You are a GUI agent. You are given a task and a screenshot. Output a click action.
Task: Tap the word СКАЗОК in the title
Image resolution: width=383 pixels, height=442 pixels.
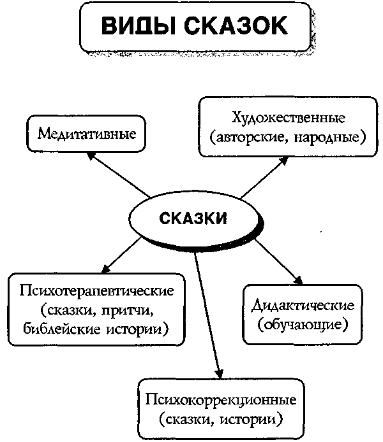tap(236, 25)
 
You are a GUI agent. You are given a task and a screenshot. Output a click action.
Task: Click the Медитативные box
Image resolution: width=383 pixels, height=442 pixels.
tap(86, 133)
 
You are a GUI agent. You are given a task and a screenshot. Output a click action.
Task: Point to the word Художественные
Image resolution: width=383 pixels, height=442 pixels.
tap(288, 117)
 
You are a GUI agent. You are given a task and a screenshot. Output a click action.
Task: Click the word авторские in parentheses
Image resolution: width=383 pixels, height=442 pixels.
tap(247, 138)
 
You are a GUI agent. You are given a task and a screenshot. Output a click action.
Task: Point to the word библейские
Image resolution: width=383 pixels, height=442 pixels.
tap(61, 329)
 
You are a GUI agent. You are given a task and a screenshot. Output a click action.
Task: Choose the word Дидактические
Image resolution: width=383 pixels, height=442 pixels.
tap(303, 306)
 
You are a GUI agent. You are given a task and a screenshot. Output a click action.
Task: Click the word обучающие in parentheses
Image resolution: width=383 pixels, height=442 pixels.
tap(303, 325)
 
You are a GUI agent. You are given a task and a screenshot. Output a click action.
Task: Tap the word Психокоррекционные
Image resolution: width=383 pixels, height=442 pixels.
tap(221, 400)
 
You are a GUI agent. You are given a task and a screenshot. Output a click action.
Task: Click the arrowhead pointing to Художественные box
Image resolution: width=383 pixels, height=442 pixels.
tap(284, 160)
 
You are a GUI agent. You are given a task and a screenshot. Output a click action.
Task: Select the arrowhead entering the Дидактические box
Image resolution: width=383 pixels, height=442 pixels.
tap(298, 280)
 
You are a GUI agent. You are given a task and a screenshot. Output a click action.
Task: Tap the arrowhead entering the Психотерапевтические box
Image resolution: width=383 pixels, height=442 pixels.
tap(105, 269)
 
